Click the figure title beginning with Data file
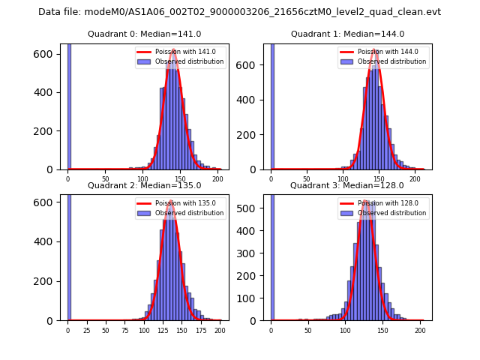(239, 12)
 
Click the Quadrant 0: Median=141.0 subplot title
(144, 34)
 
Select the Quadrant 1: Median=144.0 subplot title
(347, 34)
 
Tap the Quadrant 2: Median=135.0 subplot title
(144, 185)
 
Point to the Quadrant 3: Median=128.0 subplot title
(347, 185)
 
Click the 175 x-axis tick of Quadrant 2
(201, 330)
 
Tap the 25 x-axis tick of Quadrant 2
(86, 330)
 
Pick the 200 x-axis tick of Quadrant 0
(218, 178)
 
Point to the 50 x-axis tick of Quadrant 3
(308, 330)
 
